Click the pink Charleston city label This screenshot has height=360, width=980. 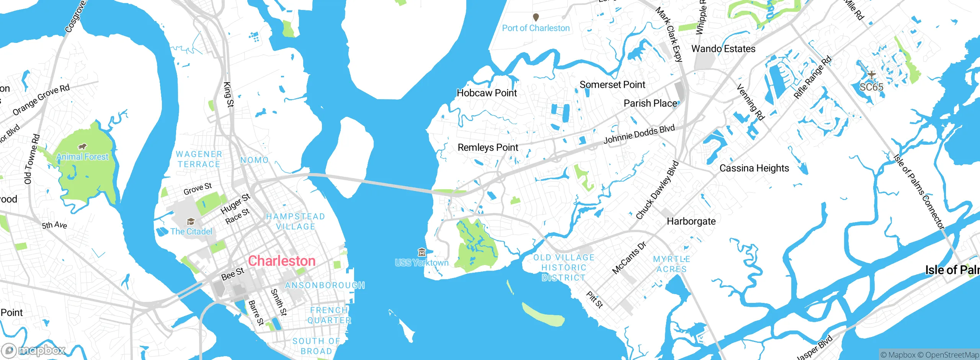tap(282, 261)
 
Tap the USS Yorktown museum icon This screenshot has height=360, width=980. tap(422, 252)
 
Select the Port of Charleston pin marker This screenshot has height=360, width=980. tap(536, 17)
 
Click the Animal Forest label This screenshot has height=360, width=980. tap(82, 157)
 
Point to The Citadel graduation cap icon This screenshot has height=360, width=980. tap(191, 222)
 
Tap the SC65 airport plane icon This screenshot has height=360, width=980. tap(872, 75)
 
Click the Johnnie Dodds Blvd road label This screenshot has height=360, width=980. tap(639, 134)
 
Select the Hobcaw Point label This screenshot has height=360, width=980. tap(487, 93)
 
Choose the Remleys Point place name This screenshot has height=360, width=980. tap(488, 147)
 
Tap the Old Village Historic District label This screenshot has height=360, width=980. tap(563, 268)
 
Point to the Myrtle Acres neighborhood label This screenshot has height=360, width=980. tap(671, 264)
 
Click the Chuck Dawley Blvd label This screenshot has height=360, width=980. tap(657, 190)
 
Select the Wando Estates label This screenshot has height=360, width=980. tap(723, 49)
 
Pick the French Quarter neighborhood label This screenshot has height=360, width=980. tap(329, 315)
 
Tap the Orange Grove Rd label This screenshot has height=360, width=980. tap(41, 100)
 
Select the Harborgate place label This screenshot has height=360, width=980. tap(691, 221)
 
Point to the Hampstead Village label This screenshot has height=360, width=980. tap(295, 222)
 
